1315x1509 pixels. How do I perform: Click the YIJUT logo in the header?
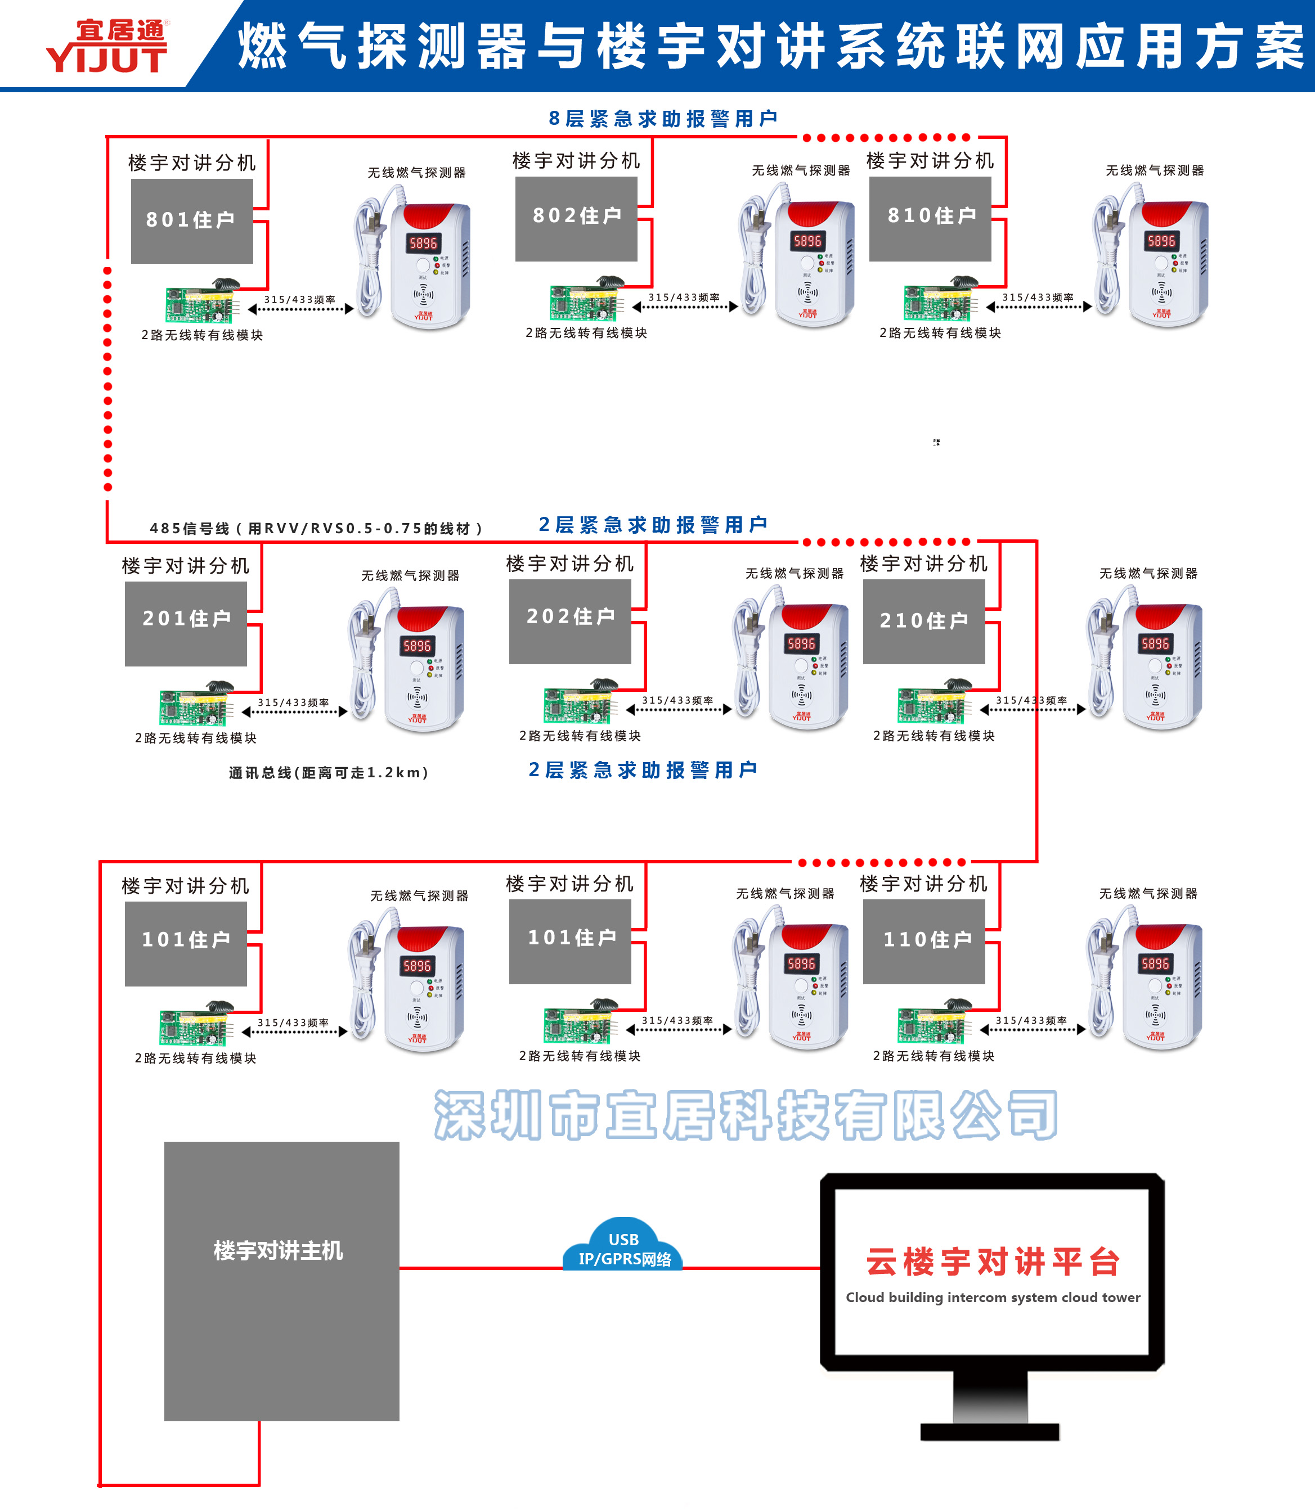(x=108, y=46)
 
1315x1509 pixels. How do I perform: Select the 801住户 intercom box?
(x=191, y=220)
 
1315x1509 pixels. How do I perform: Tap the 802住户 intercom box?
(x=576, y=218)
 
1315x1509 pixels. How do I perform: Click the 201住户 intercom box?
(x=186, y=623)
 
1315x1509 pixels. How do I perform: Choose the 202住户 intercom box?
(x=570, y=620)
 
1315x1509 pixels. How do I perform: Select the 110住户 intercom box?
(x=924, y=940)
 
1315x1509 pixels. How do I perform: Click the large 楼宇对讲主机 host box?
(x=281, y=1280)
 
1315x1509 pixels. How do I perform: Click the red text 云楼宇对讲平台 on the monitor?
(x=992, y=1262)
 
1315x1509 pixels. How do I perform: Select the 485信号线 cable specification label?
(x=316, y=528)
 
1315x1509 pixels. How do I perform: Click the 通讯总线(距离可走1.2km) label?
(x=328, y=772)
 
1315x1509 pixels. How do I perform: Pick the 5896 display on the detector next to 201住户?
(x=417, y=646)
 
